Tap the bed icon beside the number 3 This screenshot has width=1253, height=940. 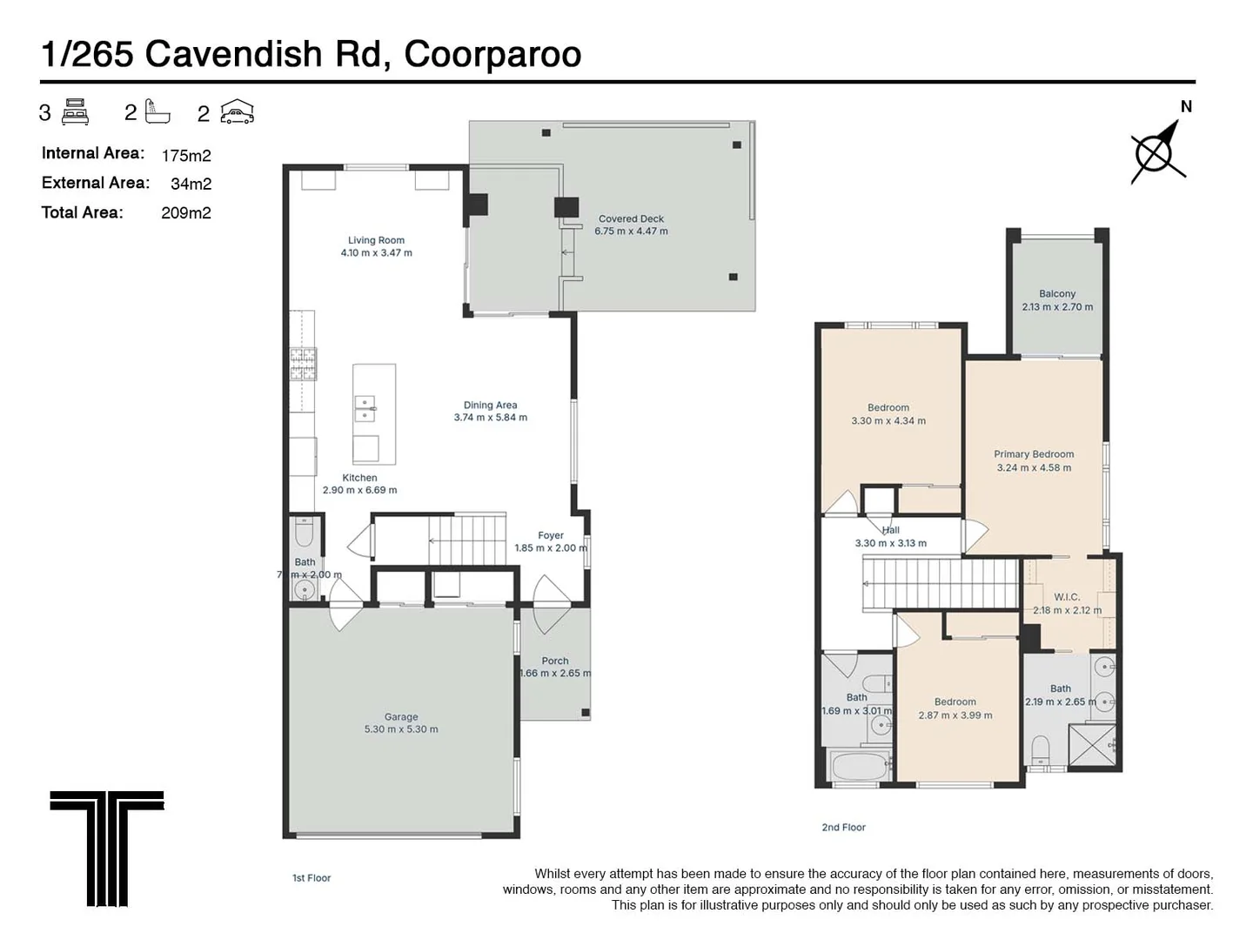[x=76, y=112]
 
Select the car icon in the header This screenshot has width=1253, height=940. [x=237, y=112]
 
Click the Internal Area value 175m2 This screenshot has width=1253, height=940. [x=186, y=156]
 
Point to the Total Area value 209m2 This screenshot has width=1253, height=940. [x=186, y=213]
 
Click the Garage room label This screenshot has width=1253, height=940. [x=401, y=717]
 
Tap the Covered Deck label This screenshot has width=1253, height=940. [x=631, y=219]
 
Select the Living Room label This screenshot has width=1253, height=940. [x=376, y=240]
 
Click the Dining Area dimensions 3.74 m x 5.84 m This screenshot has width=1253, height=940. [x=490, y=418]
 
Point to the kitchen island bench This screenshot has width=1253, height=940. [x=374, y=413]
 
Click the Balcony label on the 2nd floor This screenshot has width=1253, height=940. [x=1057, y=294]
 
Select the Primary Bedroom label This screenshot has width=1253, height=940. [x=1034, y=454]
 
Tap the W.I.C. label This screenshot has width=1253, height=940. [x=1067, y=597]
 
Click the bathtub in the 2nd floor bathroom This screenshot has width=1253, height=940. [x=860, y=768]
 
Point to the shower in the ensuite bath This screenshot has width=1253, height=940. [x=1091, y=746]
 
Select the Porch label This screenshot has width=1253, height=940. [x=555, y=661]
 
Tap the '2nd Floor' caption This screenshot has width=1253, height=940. [x=843, y=828]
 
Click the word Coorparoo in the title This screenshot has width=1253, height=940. [x=492, y=54]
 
